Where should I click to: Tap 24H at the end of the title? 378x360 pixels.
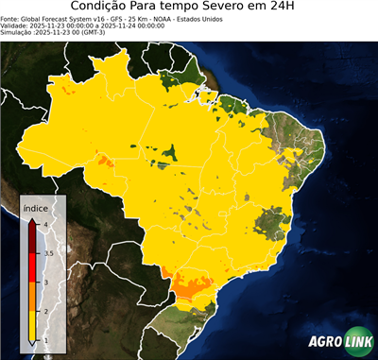[x=290, y=8]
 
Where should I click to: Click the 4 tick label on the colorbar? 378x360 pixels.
[x=46, y=224]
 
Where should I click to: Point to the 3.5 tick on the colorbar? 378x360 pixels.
[x=48, y=253]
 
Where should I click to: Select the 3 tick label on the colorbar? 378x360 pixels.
[x=46, y=282]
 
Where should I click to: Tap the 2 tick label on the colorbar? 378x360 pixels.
[x=46, y=311]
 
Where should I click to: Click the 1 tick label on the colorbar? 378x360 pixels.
[x=46, y=339]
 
